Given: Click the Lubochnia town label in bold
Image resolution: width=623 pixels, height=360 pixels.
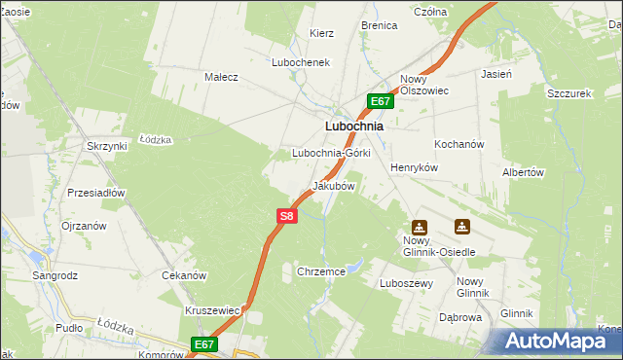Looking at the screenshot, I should tap(352, 126).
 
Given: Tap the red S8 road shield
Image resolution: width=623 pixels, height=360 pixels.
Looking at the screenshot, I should tap(285, 216).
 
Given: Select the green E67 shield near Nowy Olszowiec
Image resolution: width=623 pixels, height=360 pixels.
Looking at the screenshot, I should tap(381, 101).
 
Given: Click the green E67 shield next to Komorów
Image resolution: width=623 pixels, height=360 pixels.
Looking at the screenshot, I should tap(203, 344).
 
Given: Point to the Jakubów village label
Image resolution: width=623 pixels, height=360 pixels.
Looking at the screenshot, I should tap(333, 185).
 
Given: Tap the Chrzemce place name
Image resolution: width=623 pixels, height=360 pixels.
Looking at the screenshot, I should tap(322, 272).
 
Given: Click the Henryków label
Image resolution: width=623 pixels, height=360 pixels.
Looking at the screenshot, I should tap(416, 167).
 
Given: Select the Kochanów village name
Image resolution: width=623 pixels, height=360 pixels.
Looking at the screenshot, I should tap(459, 144).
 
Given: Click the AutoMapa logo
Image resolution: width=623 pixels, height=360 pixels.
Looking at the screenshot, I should tap(559, 342).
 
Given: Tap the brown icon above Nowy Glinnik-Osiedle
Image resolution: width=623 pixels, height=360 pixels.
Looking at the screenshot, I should tap(419, 228).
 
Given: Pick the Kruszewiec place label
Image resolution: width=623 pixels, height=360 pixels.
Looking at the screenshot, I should tap(212, 310).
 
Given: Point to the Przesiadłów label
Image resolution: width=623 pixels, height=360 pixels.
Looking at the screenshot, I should tap(96, 193).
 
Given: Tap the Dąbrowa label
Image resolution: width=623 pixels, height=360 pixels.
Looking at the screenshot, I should tap(460, 317).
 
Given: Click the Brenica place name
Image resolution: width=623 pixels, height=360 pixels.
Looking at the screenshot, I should tap(380, 25).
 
